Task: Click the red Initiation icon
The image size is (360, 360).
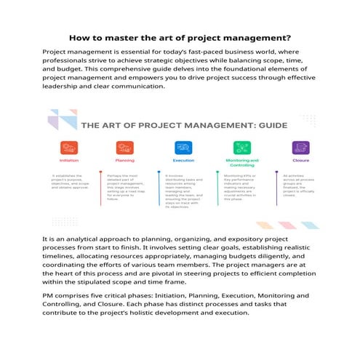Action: tap(69, 147)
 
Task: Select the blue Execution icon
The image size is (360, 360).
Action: tap(183, 147)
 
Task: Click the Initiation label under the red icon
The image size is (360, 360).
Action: tap(69, 160)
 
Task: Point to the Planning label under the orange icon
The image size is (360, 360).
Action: tap(124, 160)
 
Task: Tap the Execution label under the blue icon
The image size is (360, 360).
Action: tap(183, 160)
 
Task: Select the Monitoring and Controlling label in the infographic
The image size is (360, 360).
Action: tap(241, 162)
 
